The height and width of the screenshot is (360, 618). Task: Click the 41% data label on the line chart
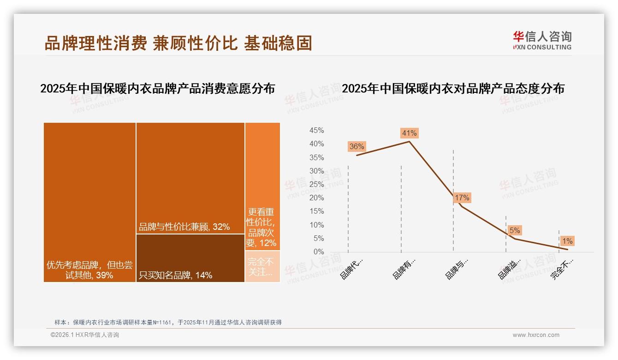pos(409,133)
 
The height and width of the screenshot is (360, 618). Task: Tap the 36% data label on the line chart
pos(357,147)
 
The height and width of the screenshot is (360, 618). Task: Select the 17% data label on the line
pos(462,198)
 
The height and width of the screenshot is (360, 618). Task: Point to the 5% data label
pos(515,230)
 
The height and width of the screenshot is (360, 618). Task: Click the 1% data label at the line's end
pos(567,241)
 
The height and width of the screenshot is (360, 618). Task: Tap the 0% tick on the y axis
pos(318,252)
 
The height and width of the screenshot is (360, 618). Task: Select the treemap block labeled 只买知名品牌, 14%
pos(190,258)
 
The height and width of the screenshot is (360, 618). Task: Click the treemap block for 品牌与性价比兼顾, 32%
pos(190,178)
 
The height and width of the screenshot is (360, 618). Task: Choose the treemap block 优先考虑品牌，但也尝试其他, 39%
pos(89,202)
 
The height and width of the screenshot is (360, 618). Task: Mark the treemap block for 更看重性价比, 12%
pos(262,186)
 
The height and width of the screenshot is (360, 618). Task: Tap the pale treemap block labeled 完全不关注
pos(262,266)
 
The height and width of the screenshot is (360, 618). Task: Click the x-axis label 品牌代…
pos(352,268)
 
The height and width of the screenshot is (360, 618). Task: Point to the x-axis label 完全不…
pos(562,269)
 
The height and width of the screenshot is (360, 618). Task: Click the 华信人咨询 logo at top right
pos(542,40)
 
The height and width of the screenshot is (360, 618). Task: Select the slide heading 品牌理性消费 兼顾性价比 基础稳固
pos(178,43)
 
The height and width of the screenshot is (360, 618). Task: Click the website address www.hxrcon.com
pos(536,335)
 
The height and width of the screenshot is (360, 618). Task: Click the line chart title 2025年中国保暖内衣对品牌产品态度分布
pos(453,89)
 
